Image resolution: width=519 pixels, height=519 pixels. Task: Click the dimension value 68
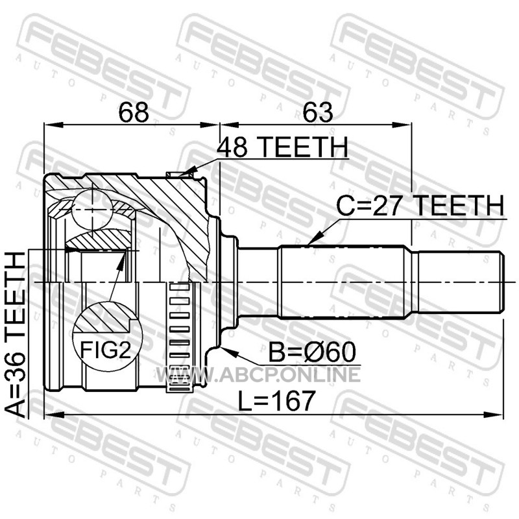(134, 112)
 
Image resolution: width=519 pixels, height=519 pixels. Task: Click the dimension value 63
(317, 112)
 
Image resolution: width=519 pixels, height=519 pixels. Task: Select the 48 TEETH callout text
(282, 147)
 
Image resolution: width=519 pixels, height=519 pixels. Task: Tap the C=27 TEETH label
(420, 206)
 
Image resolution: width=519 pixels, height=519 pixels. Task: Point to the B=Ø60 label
(312, 352)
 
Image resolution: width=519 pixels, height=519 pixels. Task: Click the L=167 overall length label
(276, 400)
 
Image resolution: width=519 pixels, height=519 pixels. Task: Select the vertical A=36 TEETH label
(15, 334)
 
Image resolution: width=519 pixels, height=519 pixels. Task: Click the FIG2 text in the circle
(106, 350)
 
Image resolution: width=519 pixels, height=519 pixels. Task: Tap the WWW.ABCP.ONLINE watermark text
(258, 375)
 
